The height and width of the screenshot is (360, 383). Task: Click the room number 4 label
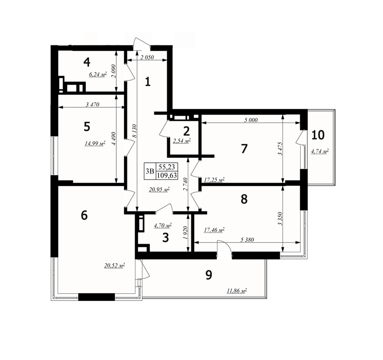coord(87,62)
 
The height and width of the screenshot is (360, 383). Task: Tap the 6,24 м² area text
coord(98,74)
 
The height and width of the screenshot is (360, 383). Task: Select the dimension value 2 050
coord(147,58)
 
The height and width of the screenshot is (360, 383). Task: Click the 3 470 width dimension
coord(93,104)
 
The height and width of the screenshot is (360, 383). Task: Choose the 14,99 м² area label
coord(95,143)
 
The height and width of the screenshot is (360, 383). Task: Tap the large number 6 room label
coord(84,215)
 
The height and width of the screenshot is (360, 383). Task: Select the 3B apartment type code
coord(150,171)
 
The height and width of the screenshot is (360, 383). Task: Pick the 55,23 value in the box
coord(167,167)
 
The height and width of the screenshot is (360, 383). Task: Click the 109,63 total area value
coord(167,175)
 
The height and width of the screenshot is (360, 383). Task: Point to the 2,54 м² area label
coord(182,141)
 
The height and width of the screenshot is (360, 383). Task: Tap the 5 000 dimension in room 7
coord(251,120)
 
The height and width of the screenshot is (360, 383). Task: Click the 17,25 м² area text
coord(214,180)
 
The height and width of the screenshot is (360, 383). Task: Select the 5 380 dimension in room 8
coord(247,240)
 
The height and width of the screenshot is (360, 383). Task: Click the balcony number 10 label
coord(318,135)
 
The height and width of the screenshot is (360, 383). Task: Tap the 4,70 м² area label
coord(163,225)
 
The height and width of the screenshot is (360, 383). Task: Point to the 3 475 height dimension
coord(280,148)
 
